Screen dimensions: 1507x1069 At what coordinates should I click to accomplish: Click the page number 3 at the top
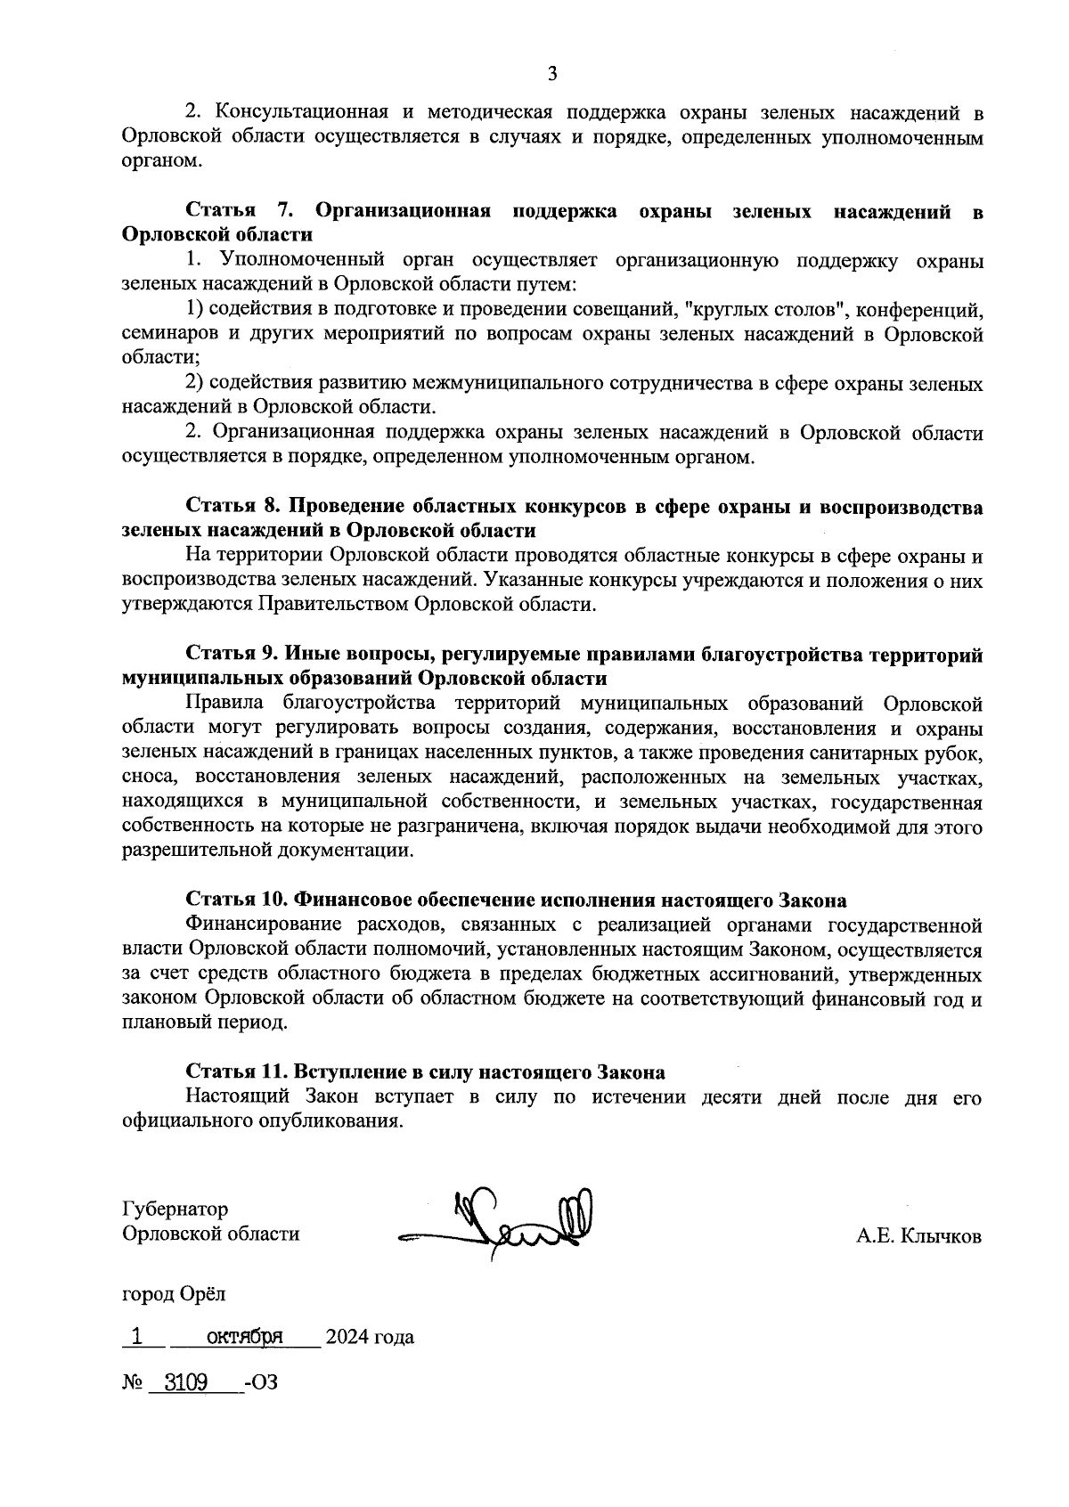pos(551,74)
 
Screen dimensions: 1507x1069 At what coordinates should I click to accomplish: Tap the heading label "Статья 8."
pos(233,506)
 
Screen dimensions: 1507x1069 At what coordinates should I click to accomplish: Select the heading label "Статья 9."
pos(233,655)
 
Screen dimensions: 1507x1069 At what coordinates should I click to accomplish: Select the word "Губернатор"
pos(175,1210)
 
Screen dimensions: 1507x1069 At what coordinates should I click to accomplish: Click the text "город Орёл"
pos(174,1293)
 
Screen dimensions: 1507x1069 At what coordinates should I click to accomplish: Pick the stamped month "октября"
pos(245,1337)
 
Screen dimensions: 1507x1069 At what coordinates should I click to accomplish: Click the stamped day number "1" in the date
pos(136,1336)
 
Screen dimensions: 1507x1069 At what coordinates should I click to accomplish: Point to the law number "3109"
pos(180,1382)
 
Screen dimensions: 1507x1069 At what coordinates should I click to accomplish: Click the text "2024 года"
pos(370,1338)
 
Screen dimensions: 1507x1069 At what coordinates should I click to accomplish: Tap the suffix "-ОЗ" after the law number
pos(260,1383)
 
